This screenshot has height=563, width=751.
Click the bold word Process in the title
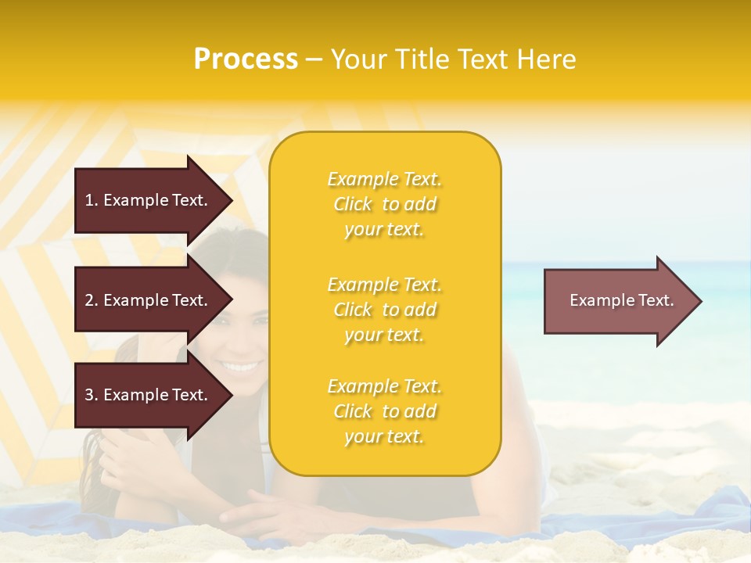pos(246,59)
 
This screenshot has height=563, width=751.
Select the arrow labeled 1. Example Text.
pos(149,200)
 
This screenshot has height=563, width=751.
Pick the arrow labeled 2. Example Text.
pos(149,300)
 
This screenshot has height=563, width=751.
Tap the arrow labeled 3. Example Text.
pos(149,395)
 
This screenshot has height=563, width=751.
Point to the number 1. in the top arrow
pos(92,200)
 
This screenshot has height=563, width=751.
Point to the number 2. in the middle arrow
pos(92,300)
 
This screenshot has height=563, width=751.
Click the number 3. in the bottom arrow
pos(92,395)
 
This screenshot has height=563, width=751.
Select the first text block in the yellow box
pos(384,204)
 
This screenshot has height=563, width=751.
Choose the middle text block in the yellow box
pos(384,310)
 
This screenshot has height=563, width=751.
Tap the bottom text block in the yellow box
pos(384,411)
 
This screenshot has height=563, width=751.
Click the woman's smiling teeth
pos(241,366)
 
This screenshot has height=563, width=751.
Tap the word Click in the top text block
pos(353,204)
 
